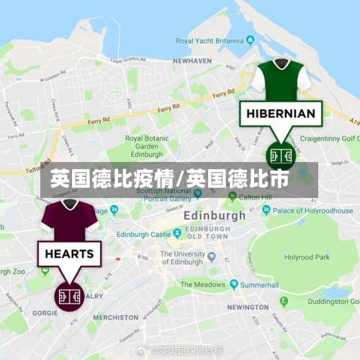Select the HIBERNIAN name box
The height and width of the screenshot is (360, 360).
(x=280, y=113)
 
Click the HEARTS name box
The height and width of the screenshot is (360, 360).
(x=69, y=253)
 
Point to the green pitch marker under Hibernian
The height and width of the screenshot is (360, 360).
(x=279, y=154)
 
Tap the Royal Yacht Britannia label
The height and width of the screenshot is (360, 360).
(x=209, y=41)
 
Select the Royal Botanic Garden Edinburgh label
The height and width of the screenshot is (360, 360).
(x=146, y=146)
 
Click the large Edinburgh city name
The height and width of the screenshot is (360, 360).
(x=214, y=215)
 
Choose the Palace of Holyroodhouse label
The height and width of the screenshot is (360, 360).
(x=308, y=210)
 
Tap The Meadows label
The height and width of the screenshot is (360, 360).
(x=203, y=284)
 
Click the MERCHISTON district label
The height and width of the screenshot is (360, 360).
(x=115, y=317)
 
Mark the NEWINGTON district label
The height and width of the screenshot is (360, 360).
(x=247, y=307)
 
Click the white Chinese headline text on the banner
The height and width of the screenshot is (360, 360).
(x=169, y=179)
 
